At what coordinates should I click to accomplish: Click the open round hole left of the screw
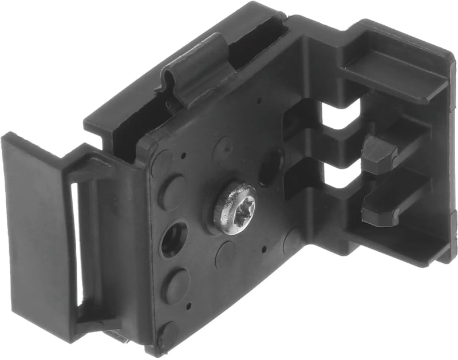(174, 239)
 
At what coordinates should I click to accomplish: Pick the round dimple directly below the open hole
(177, 285)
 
